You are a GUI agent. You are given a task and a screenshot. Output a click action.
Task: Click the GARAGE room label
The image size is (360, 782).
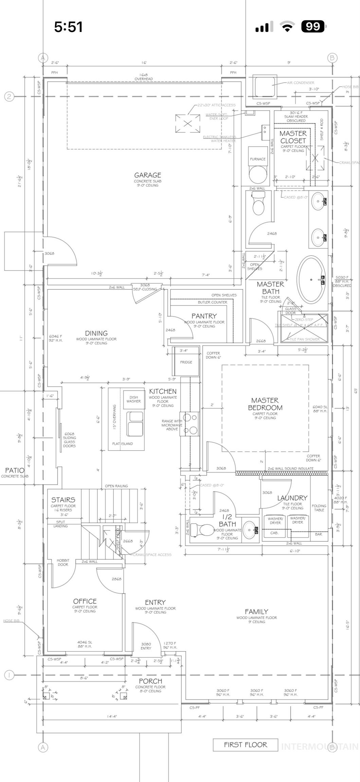pos(147,175)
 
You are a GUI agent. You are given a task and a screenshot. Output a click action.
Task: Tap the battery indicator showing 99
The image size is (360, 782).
pos(313,26)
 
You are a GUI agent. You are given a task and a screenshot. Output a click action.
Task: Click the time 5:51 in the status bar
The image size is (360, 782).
pos(68,27)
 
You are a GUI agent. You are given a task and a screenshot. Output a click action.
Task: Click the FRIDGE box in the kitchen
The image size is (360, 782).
pos(186,362)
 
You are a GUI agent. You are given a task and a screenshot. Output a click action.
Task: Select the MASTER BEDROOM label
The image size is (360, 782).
pos(265,404)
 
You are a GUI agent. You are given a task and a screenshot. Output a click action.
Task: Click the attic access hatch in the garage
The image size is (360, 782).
pos(187,124)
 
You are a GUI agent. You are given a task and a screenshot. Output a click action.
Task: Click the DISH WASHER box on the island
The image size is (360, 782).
pos(133,399)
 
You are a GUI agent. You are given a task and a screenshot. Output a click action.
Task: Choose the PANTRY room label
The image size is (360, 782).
pos(204,316)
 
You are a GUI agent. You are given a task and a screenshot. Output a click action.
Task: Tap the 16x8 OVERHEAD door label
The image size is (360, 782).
pos(143,77)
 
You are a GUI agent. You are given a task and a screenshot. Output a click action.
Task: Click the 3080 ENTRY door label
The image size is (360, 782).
pos(146,646)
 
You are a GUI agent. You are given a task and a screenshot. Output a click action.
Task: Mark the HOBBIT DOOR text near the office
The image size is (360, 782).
pos(63,562)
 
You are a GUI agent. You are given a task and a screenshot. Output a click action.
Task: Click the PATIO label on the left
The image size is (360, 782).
pos(15,470)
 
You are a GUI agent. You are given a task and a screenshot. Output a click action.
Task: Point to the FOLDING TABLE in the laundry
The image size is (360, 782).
pos(319,508)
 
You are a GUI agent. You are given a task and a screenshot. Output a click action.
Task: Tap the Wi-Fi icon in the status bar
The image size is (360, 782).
pos(287,26)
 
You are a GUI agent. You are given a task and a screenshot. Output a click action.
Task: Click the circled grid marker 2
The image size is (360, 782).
pos(9,96)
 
